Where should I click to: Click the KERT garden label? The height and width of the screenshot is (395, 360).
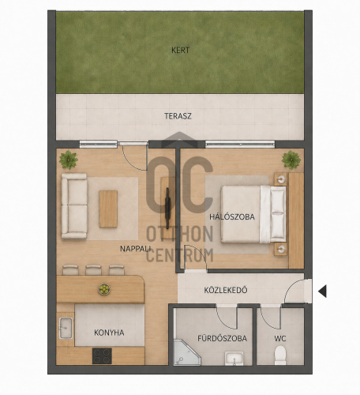(180, 50)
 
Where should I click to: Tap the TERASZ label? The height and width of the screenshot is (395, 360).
(178, 116)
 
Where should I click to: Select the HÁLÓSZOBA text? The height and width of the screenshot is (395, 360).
(232, 217)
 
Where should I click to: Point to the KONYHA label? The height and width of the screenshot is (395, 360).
(109, 333)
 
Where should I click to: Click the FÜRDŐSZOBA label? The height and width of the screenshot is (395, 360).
(223, 338)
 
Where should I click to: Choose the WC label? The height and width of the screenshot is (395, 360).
(280, 339)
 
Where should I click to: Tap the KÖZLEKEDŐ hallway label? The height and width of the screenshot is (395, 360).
(226, 290)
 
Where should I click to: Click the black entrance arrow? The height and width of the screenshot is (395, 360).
(322, 292)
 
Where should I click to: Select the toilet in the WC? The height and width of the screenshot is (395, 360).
(280, 355)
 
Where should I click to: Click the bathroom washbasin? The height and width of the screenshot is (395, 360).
(234, 359)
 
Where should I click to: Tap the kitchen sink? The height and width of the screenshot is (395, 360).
(66, 328)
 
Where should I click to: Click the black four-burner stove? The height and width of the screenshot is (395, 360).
(102, 356)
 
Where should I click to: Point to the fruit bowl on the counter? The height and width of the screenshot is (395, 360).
(104, 289)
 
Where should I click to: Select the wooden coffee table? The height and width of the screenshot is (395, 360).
(108, 209)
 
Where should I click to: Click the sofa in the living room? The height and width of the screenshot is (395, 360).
(74, 206)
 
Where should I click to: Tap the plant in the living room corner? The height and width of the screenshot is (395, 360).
(69, 160)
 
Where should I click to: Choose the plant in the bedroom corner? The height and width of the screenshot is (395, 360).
(291, 160)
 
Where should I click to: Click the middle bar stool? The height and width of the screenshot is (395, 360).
(93, 270)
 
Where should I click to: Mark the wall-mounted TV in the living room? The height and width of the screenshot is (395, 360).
(167, 203)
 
